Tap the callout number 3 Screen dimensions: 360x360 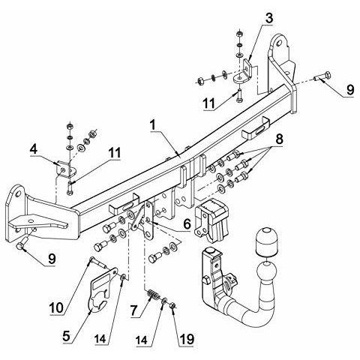click(268, 19)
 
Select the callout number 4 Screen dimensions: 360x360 click(33, 149)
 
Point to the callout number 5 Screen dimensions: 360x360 click(67, 337)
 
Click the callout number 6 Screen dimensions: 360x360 click(187, 224)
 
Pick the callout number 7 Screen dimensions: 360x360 click(133, 310)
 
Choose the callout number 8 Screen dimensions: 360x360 click(279, 139)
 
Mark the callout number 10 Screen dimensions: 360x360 click(56, 307)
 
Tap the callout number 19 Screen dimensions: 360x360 click(186, 340)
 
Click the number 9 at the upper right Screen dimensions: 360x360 click(349, 90)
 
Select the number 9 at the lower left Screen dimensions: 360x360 click(52, 259)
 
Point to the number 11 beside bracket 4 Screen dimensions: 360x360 click(114, 153)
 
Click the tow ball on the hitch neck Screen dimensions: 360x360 click(267, 271)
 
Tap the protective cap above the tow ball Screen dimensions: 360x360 click(265, 241)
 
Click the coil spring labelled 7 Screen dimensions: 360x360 click(154, 295)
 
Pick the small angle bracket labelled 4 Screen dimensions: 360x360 click(65, 169)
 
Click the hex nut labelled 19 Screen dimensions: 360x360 click(172, 305)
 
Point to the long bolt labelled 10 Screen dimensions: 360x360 click(99, 262)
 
